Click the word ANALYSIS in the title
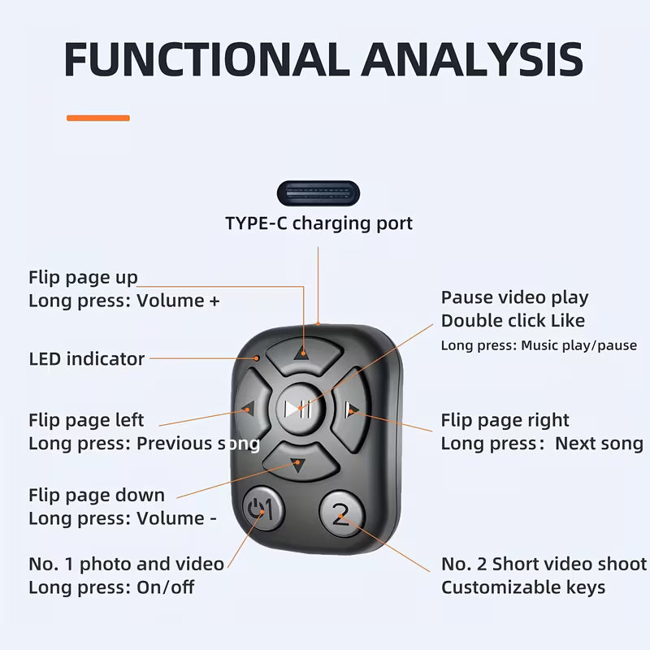pyautogui.click(x=473, y=59)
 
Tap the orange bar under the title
pyautogui.click(x=97, y=119)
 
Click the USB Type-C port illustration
pyautogui.click(x=318, y=194)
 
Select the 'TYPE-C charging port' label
pyautogui.click(x=318, y=223)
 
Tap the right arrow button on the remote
pyautogui.click(x=351, y=408)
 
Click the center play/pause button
pyautogui.click(x=299, y=408)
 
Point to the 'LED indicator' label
pyautogui.click(x=86, y=358)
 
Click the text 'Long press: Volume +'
pyautogui.click(x=123, y=300)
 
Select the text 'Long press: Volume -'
pyautogui.click(x=122, y=518)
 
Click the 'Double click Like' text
pyautogui.click(x=512, y=320)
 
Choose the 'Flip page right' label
pyautogui.click(x=505, y=420)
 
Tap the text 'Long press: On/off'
pyautogui.click(x=111, y=587)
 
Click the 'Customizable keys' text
pyautogui.click(x=522, y=587)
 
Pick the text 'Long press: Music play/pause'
pyautogui.click(x=538, y=345)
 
